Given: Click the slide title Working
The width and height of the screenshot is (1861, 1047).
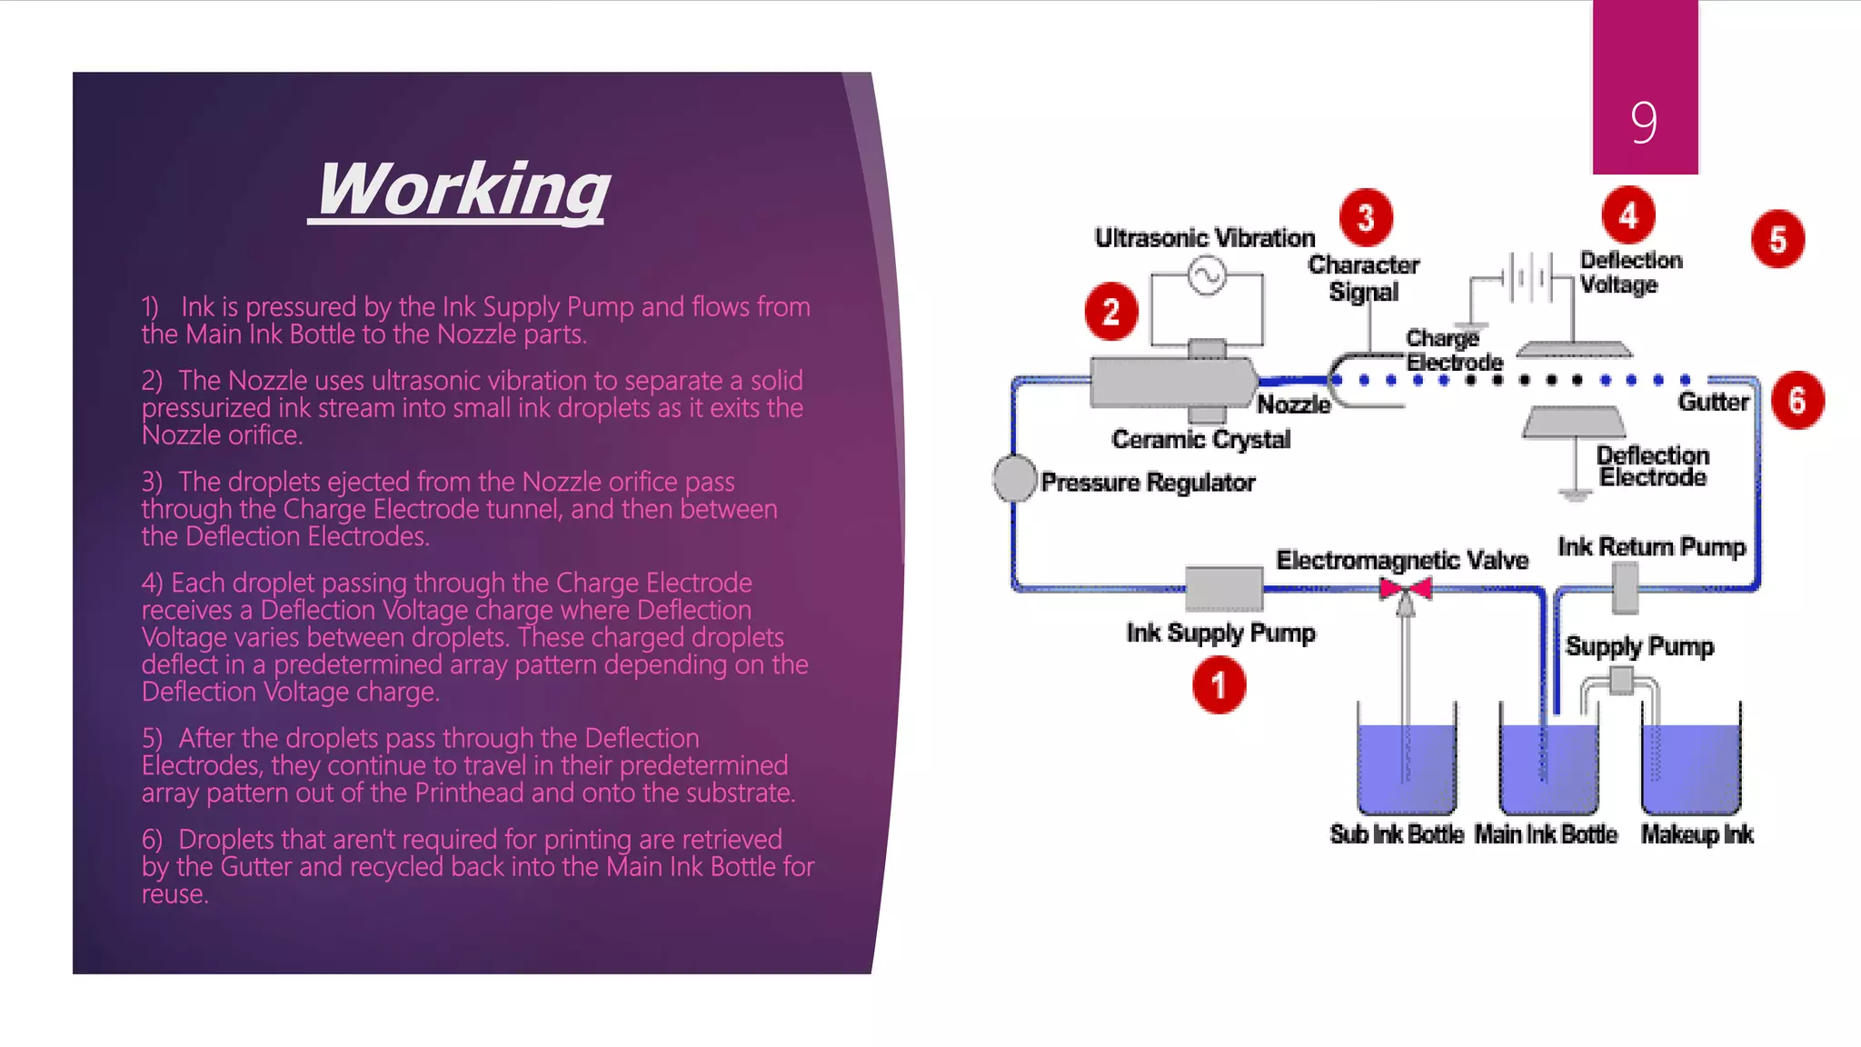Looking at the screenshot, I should point(462,189).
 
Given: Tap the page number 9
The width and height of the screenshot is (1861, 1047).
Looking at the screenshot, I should point(1643,122).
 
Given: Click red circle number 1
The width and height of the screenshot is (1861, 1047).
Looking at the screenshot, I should point(1219,685).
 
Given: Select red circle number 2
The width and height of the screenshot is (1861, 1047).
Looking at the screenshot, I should point(1110,312).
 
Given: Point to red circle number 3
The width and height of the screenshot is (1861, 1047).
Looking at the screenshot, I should point(1365,217).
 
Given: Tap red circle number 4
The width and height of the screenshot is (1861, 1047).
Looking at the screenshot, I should point(1628,215).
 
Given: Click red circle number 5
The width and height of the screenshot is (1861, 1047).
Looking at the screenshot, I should point(1777,239).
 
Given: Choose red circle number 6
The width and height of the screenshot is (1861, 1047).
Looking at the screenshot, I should point(1796,400).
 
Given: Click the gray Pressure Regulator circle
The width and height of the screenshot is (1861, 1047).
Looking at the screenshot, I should point(1014,478).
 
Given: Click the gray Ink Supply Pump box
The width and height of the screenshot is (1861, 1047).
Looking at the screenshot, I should point(1223,588).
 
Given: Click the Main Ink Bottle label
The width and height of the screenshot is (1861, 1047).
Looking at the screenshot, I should point(1546,833).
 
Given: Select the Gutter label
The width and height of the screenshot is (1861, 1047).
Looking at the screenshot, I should point(1713,402).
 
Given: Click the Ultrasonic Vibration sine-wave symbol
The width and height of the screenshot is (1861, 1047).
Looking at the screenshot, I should point(1207,275).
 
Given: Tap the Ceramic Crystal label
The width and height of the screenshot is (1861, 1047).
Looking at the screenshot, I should point(1200,440).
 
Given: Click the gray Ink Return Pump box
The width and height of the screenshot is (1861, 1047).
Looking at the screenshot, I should point(1625,588).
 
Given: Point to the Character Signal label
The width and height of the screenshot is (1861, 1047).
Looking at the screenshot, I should point(1363,278).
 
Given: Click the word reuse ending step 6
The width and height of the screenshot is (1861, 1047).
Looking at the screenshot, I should point(174,894).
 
